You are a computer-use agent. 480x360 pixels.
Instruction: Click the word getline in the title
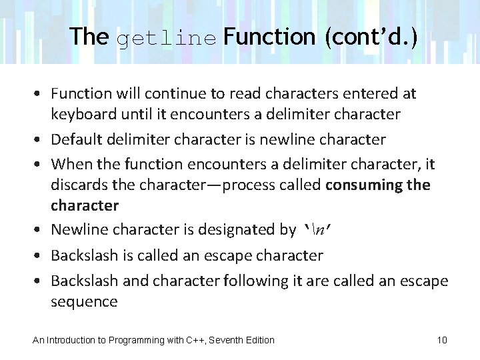(167, 37)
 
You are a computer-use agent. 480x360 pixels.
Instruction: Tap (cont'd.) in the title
(371, 36)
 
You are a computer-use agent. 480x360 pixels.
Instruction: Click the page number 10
(442, 340)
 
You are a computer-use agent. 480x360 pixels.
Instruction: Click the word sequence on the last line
(84, 302)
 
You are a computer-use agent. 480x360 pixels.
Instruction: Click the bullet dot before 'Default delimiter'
(41, 140)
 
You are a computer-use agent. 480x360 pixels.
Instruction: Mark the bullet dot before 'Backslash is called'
(41, 256)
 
